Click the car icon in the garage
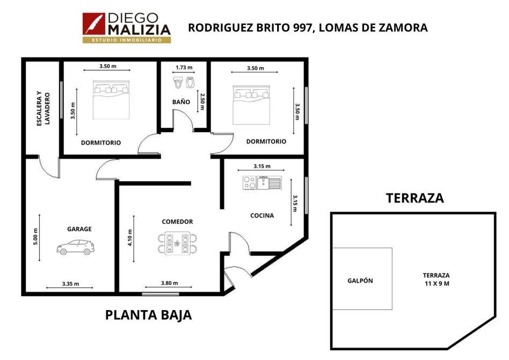[x=76, y=247]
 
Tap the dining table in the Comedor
[x=177, y=243]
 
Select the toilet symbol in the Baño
[x=178, y=83]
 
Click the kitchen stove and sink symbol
[x=261, y=183]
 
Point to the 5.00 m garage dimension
[x=35, y=236]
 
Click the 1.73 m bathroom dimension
[x=184, y=68]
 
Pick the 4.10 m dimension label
[x=130, y=238]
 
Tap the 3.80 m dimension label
[x=170, y=283]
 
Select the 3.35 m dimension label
[x=70, y=284]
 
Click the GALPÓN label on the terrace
[x=360, y=280]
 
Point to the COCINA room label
[x=262, y=215]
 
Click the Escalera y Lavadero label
[x=43, y=109]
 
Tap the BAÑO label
[x=181, y=102]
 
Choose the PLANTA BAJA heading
[x=148, y=315]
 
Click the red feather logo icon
[x=94, y=24]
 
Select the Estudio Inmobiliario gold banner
[x=127, y=40]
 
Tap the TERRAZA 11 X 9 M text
[x=437, y=279]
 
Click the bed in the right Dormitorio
[x=251, y=105]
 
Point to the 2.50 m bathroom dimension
[x=202, y=102]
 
